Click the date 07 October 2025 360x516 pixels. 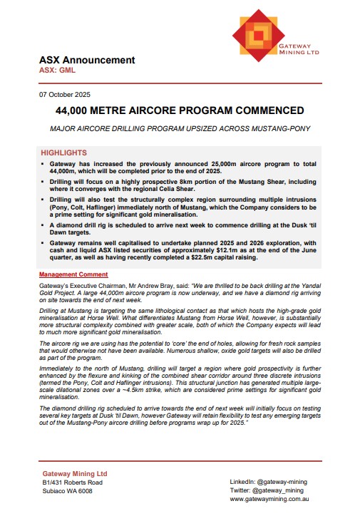[x=65, y=96]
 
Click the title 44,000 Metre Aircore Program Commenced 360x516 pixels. [x=180, y=111]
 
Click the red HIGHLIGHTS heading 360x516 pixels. [x=64, y=153]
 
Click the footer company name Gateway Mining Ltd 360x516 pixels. [x=75, y=473]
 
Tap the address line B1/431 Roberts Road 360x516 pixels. [x=77, y=482]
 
